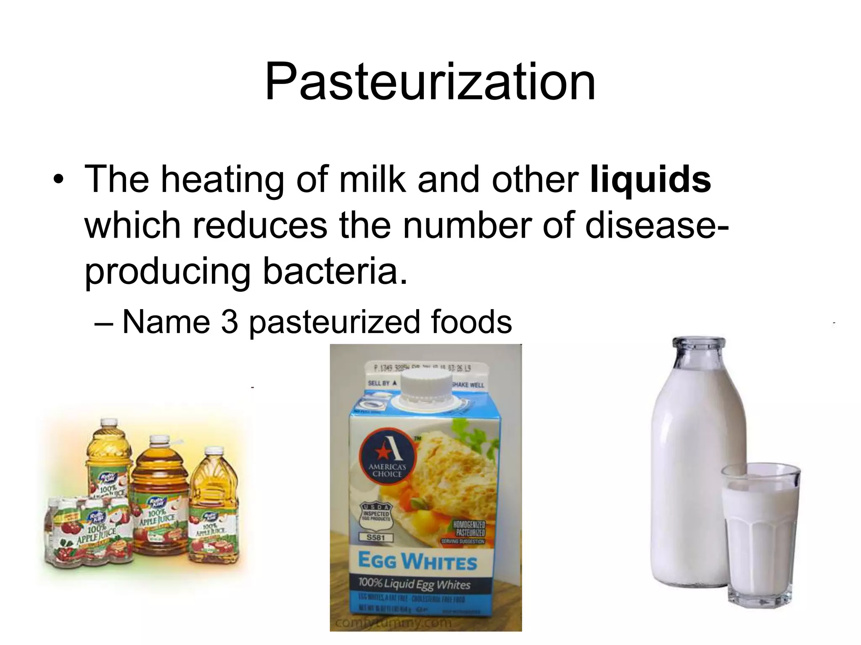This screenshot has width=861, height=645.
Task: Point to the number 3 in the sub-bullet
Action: click(230, 322)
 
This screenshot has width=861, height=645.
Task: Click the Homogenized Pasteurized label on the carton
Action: click(469, 528)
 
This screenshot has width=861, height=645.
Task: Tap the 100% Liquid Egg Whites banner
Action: click(414, 585)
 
